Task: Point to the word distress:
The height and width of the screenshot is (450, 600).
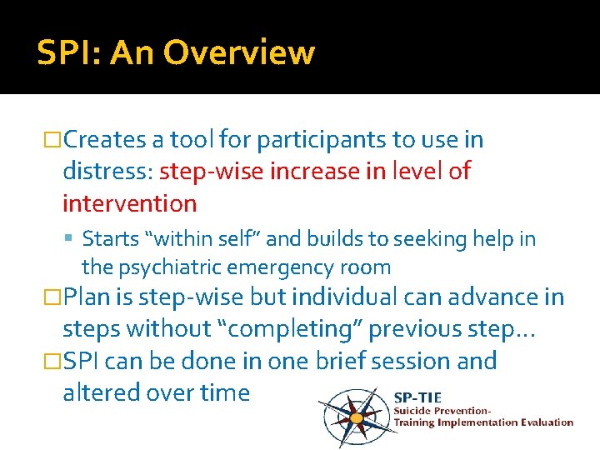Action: click(107, 172)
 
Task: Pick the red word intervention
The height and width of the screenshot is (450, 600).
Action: click(129, 203)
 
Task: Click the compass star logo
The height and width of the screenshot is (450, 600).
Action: click(356, 413)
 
